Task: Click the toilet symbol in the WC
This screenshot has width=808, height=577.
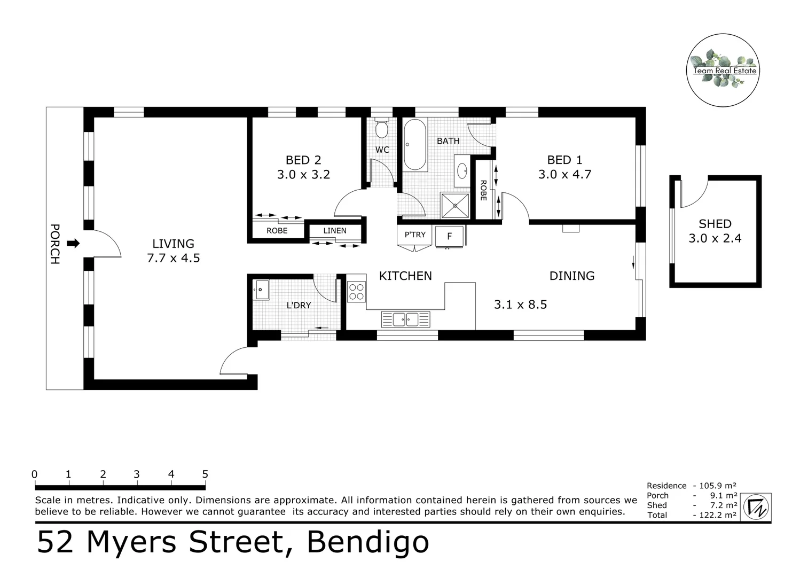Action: [381, 128]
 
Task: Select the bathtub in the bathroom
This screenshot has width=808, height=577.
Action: [414, 145]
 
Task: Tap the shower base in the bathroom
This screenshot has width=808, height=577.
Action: [454, 205]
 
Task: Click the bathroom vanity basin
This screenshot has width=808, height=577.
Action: [462, 171]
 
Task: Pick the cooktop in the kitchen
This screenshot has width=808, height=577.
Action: [356, 292]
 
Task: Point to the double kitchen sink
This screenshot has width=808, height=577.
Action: [405, 319]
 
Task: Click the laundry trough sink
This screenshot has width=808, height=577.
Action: [261, 290]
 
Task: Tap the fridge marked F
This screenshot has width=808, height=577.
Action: [449, 236]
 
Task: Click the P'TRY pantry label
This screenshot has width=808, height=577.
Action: [415, 235]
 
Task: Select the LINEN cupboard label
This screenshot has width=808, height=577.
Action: [335, 231]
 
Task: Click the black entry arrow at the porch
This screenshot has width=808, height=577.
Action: [73, 244]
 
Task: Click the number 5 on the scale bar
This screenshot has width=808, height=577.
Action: [205, 474]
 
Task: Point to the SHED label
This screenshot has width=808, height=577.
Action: [715, 224]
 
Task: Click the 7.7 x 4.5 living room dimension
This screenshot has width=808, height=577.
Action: [173, 258]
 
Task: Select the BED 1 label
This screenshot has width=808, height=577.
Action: [564, 160]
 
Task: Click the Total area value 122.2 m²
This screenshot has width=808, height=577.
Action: [715, 515]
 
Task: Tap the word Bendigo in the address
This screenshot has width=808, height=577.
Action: [367, 542]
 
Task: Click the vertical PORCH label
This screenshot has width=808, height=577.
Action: [54, 244]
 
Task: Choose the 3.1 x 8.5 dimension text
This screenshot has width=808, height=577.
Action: [520, 305]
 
